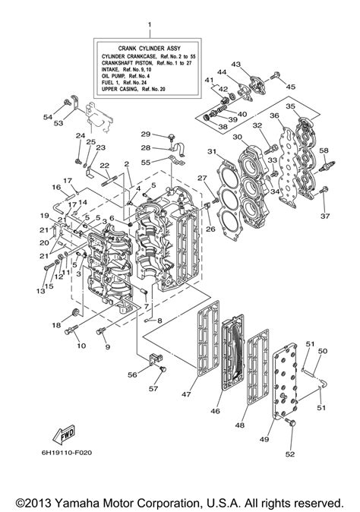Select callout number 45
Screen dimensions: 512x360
[x=291, y=87]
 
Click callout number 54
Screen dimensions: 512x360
[x=47, y=118]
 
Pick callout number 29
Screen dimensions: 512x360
[x=145, y=134]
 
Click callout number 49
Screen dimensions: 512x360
[x=264, y=439]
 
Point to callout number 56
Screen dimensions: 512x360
[x=132, y=375]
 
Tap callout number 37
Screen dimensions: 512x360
[x=325, y=216]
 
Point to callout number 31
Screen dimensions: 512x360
[x=212, y=152]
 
